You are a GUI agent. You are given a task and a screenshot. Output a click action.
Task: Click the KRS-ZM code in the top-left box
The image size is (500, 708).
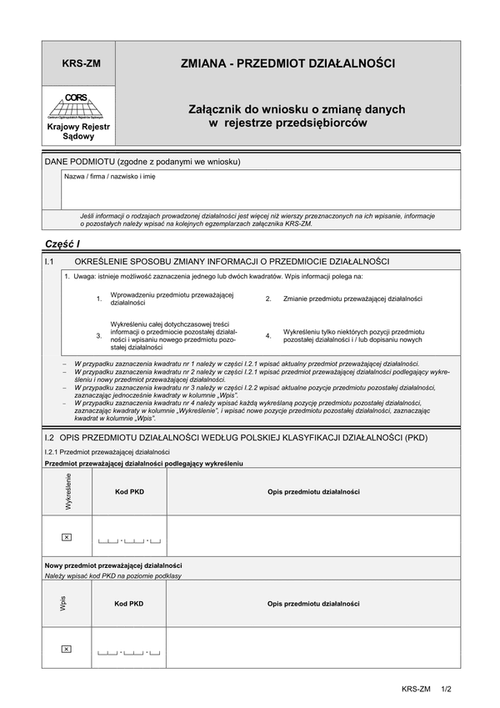coord(81,63)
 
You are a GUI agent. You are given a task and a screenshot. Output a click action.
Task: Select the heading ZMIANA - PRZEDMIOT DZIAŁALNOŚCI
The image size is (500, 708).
coord(287,63)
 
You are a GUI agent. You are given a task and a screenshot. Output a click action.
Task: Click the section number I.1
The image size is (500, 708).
coord(50,262)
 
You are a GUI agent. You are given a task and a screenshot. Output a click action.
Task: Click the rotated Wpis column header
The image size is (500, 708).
coord(63,604)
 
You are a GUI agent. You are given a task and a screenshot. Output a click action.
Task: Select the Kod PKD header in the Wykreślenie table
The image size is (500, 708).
coord(129,492)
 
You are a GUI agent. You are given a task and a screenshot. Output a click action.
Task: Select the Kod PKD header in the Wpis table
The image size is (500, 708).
coord(129,604)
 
